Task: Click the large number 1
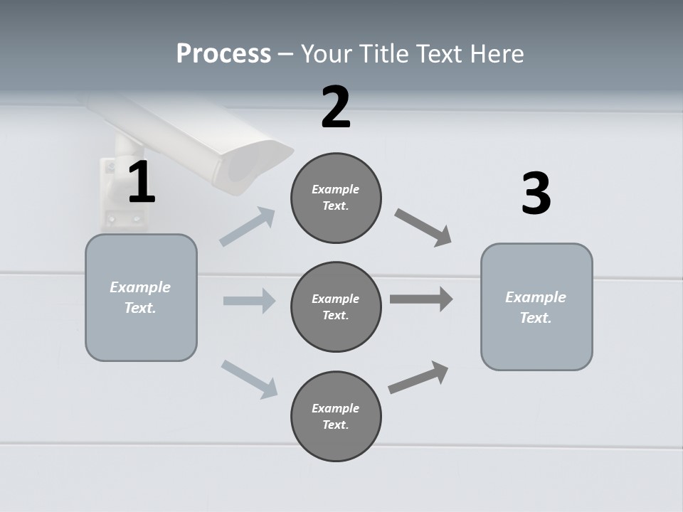[x=142, y=183]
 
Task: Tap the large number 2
[x=336, y=107]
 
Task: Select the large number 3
[x=536, y=193]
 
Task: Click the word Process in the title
[x=223, y=54]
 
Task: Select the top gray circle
[x=336, y=198]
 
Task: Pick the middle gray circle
[x=336, y=307]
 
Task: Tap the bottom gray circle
[x=336, y=417]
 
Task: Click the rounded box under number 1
[x=141, y=297]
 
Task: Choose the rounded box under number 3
[x=536, y=307]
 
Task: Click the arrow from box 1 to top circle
[x=248, y=227]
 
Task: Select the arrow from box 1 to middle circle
[x=249, y=301]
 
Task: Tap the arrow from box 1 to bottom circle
[x=250, y=379]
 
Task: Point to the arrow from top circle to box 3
[x=423, y=228]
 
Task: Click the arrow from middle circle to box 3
[x=421, y=299]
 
